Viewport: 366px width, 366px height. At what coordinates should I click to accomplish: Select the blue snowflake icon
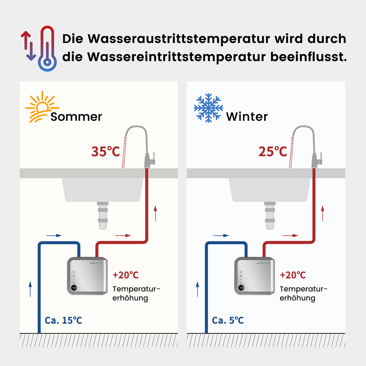[208, 108]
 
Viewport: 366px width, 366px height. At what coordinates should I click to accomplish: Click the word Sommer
[76, 117]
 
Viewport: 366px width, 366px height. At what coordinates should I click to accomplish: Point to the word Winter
[247, 117]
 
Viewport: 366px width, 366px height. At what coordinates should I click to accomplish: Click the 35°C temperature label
[106, 152]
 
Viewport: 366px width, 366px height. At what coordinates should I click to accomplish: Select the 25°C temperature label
[273, 152]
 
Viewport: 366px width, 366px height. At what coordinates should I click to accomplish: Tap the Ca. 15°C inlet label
[63, 320]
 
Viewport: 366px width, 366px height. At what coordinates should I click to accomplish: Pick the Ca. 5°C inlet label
[228, 320]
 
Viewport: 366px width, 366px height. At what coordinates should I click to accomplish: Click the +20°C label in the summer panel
[125, 275]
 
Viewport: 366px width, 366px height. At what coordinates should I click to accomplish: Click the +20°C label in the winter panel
[293, 275]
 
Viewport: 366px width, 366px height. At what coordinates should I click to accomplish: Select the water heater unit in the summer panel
[87, 276]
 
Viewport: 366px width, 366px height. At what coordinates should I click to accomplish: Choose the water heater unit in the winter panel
[254, 276]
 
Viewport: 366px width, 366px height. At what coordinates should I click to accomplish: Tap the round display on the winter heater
[241, 288]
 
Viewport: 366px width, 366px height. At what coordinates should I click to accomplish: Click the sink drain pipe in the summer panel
[103, 215]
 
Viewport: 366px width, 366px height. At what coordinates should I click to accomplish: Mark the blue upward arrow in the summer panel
[30, 289]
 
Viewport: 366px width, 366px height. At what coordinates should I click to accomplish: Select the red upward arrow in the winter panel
[323, 213]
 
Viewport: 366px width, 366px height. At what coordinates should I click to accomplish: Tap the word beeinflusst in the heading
[308, 57]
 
